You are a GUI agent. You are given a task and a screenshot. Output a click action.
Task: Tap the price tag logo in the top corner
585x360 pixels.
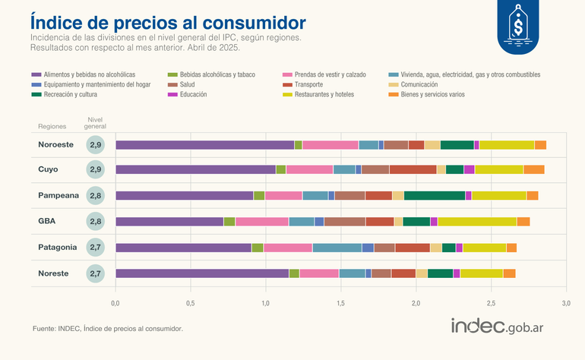point(518,27)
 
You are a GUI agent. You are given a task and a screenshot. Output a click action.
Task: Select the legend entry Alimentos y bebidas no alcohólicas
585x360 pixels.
point(84,74)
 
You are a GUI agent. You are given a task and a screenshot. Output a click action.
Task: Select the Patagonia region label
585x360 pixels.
point(58,247)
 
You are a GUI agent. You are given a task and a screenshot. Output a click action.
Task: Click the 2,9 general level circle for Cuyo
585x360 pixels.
point(96,169)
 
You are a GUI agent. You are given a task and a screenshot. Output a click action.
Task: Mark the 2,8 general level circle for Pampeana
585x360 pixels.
point(96,195)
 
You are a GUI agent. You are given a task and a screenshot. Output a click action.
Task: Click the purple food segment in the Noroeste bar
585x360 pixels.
point(204,145)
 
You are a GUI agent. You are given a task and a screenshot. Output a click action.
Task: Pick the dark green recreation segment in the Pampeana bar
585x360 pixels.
point(435,196)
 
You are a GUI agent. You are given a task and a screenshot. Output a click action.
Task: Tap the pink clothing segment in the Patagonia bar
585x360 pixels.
point(288,248)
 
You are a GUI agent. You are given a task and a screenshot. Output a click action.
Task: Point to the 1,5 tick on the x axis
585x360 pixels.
point(340,303)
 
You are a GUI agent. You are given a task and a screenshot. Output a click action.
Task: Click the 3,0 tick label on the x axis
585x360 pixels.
point(565,303)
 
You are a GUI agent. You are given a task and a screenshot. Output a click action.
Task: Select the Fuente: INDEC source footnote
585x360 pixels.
point(107,329)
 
